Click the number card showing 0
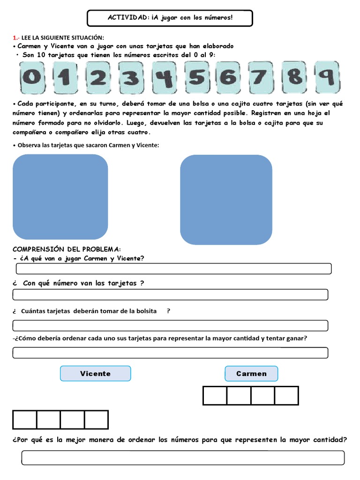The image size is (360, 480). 31,77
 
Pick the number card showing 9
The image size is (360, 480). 327,76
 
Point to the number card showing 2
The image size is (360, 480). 97,77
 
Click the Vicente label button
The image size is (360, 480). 95,374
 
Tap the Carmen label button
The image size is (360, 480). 251,374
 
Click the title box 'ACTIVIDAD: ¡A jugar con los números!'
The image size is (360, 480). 170,18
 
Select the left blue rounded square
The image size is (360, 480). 60,197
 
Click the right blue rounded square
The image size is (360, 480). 226,200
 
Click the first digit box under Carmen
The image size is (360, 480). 215,396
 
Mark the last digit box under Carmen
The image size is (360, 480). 286,396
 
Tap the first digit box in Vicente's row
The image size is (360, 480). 24,420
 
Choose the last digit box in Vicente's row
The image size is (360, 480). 96,420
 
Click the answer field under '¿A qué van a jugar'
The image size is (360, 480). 173,269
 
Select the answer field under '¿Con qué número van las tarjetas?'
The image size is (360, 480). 170,294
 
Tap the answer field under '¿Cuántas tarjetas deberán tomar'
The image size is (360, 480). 170,325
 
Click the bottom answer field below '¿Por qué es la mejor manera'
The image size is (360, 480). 183,458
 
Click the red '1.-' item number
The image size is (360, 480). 16,37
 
